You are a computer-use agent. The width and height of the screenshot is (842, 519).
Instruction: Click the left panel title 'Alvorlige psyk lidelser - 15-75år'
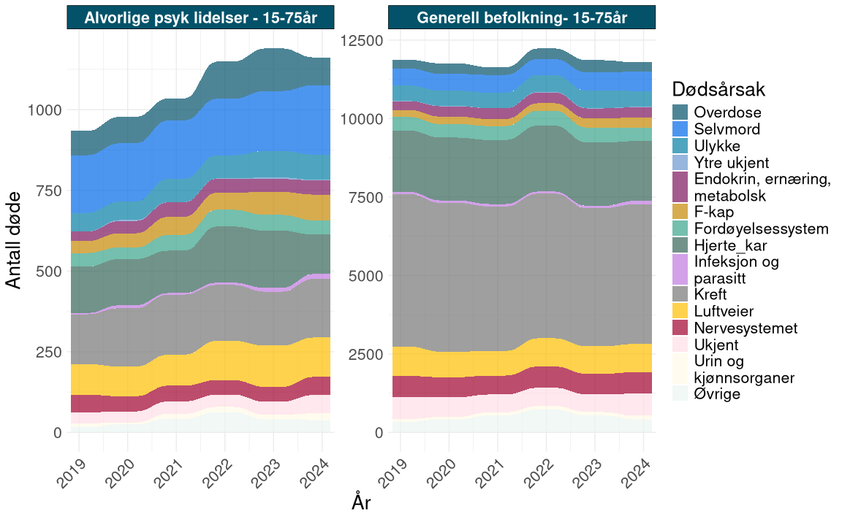pyautogui.click(x=200, y=18)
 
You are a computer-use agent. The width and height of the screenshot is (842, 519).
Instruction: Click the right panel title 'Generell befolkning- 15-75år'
pyautogui.click(x=522, y=18)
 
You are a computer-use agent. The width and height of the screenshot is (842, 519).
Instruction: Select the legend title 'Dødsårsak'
pyautogui.click(x=718, y=90)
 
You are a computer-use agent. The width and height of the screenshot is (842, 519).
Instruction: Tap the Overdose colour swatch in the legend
pyautogui.click(x=681, y=112)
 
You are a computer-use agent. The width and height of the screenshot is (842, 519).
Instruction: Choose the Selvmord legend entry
pyautogui.click(x=727, y=129)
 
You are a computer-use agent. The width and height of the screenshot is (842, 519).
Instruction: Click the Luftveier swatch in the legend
pyautogui.click(x=681, y=311)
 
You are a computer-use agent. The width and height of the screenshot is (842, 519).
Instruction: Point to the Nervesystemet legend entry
pyautogui.click(x=745, y=328)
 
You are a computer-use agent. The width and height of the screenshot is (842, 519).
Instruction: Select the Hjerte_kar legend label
pyautogui.click(x=730, y=245)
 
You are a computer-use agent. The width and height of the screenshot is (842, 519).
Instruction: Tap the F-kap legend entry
pyautogui.click(x=714, y=212)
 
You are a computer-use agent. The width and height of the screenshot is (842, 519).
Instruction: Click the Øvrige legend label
pyautogui.click(x=717, y=394)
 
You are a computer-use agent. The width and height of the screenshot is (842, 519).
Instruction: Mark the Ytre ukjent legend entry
pyautogui.click(x=732, y=162)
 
